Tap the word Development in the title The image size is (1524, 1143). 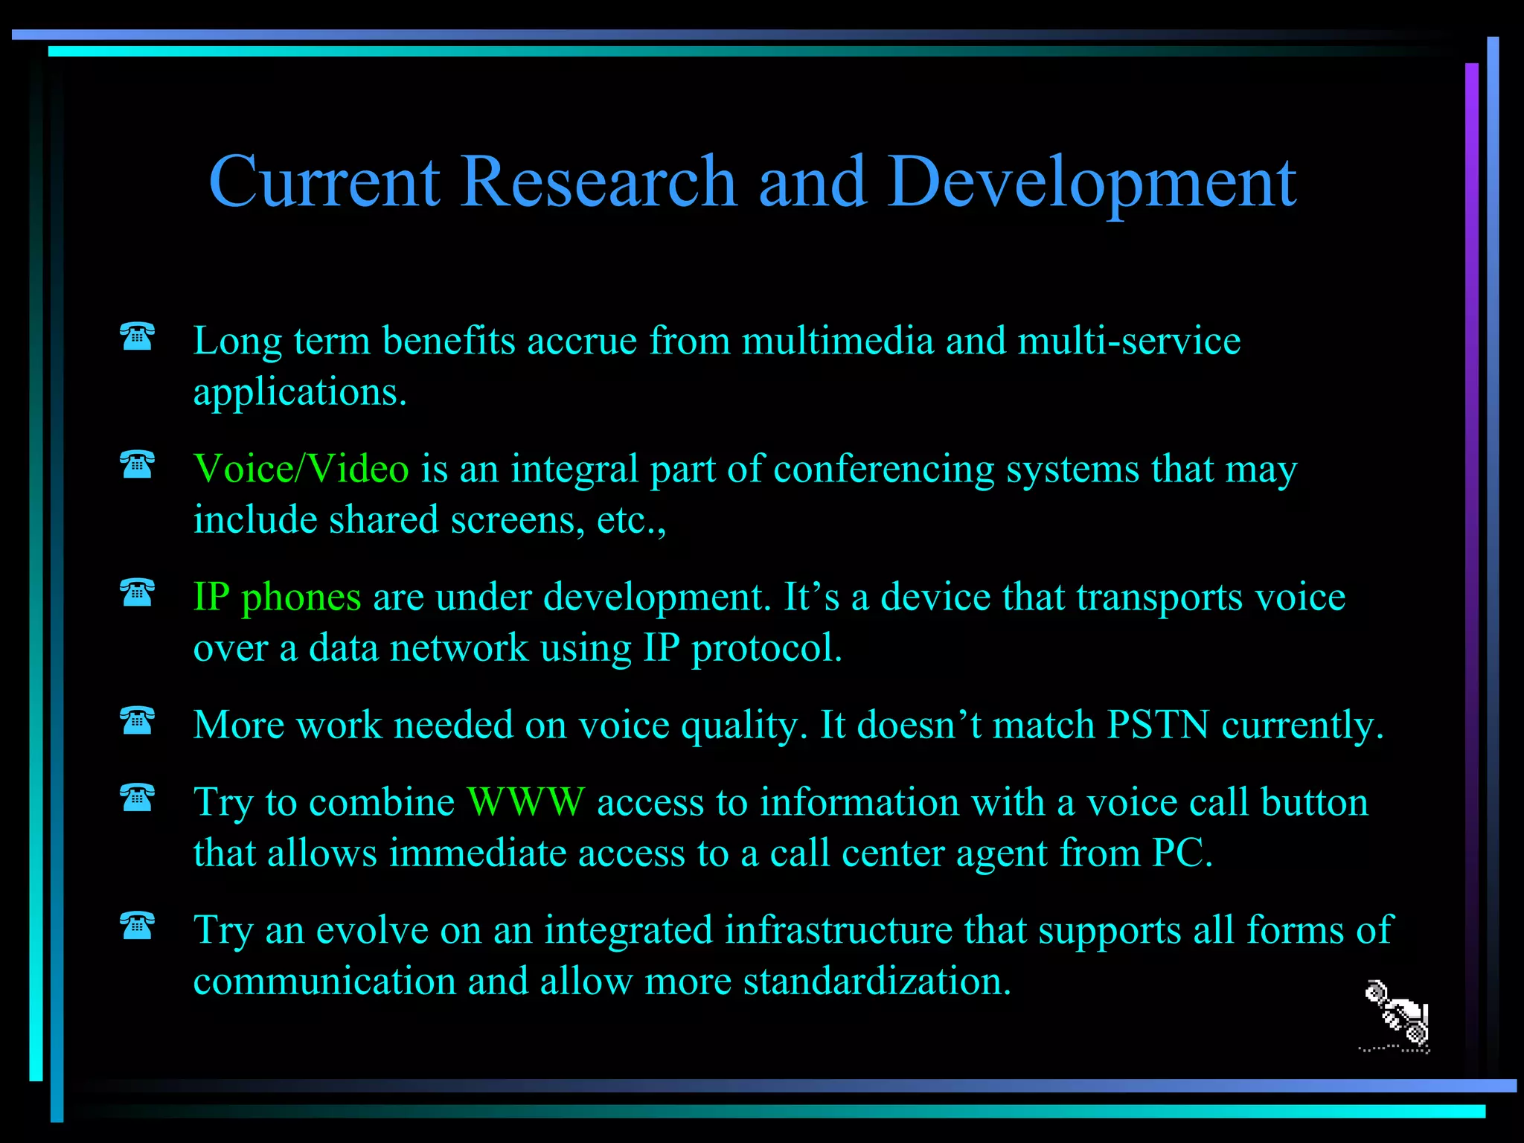pos(1092,182)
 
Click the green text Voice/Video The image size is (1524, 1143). pos(301,469)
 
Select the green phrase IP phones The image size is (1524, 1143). pos(277,597)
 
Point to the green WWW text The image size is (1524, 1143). pos(526,802)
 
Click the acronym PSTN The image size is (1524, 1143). pos(1157,725)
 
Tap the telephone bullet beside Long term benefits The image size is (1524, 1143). pos(138,336)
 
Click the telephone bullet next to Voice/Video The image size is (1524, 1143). pos(138,465)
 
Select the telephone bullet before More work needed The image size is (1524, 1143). pos(138,720)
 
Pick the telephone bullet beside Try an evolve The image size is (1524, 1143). pos(138,926)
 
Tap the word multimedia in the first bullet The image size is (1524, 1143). pos(837,341)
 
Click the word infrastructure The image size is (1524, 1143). pos(839,930)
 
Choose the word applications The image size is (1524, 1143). pos(299,393)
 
